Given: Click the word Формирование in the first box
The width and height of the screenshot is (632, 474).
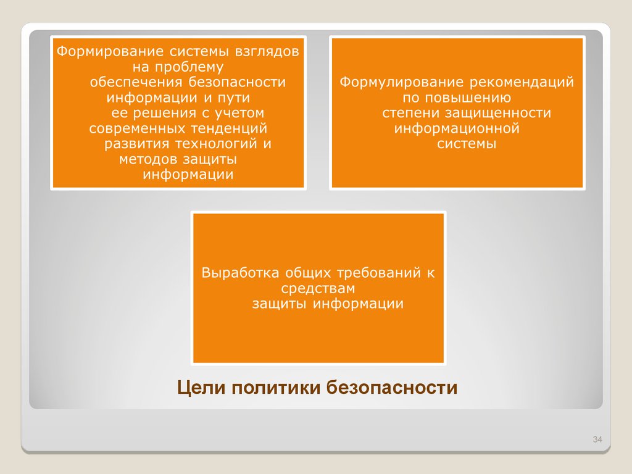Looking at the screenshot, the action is pos(110,52).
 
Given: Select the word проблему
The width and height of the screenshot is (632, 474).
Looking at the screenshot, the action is pos(189,67).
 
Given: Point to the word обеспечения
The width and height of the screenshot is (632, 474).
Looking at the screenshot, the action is pos(136,82).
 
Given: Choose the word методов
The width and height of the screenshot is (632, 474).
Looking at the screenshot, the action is pos(149,159).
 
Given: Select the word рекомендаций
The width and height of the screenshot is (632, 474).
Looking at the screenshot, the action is pos(522,82).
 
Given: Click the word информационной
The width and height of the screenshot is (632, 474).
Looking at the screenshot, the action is pos(457,129).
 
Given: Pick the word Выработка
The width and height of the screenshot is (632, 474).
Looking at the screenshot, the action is pos(240,273).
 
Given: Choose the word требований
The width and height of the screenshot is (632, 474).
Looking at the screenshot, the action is pos(379,273).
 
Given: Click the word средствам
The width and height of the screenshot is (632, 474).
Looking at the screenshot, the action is pos(318,289).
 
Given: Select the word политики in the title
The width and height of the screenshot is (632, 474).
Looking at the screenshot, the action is pos(276,388).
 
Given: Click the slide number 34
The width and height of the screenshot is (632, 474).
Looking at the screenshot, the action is pos(597,439).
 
